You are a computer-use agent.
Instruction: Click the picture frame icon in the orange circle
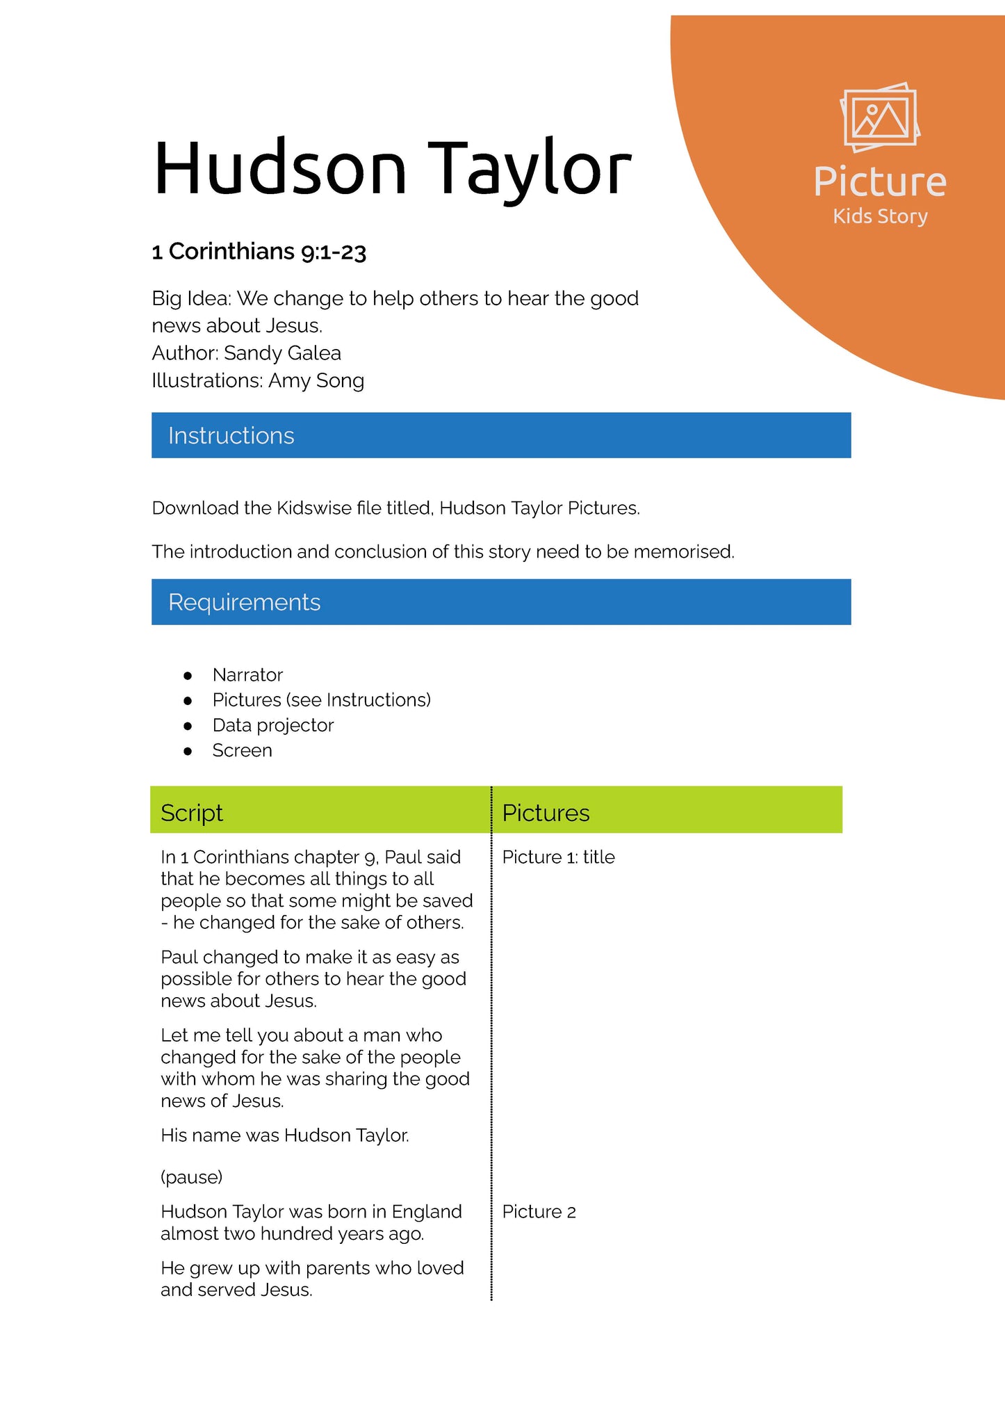pos(880,118)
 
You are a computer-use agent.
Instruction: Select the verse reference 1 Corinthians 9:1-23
pos(259,252)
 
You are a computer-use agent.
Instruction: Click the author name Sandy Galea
pos(282,353)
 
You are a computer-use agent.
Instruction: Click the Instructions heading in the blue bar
pos(231,436)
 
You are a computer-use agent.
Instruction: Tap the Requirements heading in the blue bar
pos(245,602)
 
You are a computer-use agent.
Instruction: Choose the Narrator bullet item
pos(247,675)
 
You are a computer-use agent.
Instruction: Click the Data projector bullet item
pos(273,725)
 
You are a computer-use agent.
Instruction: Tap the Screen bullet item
pos(243,751)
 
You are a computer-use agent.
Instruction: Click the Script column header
pos(192,813)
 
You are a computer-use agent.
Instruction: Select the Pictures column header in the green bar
pos(546,813)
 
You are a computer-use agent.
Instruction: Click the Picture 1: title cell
pos(558,857)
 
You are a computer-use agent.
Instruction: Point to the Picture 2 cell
pos(539,1212)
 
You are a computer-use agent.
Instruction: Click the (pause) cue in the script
pos(192,1177)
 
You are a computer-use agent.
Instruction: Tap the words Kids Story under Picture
pos(880,216)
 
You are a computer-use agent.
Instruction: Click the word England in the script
pos(427,1212)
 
